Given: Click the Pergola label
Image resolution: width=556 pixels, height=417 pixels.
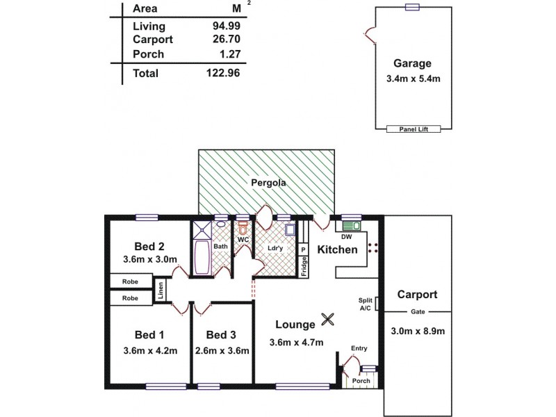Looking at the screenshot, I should pyautogui.click(x=268, y=183).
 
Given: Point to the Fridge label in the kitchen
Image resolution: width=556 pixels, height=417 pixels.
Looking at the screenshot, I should pyautogui.click(x=304, y=268).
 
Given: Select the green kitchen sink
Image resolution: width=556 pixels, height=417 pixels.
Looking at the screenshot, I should pyautogui.click(x=350, y=225).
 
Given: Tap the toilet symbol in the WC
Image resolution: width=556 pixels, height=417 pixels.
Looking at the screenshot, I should pyautogui.click(x=243, y=227).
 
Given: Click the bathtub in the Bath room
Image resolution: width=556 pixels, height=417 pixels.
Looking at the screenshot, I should pyautogui.click(x=202, y=255).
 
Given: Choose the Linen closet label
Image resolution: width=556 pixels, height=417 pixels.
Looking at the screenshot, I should pyautogui.click(x=161, y=291).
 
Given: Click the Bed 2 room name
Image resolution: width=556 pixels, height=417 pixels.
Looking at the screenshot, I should pyautogui.click(x=150, y=246).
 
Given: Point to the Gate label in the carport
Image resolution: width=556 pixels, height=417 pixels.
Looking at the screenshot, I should pyautogui.click(x=417, y=311).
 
